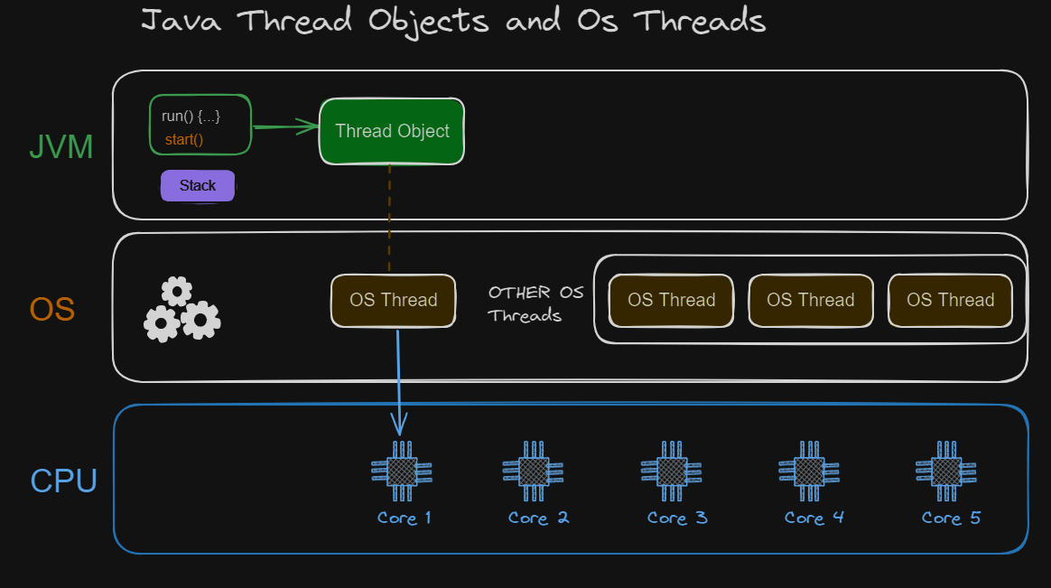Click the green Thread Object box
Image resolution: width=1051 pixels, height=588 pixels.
click(392, 131)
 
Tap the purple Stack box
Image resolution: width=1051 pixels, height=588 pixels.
click(198, 186)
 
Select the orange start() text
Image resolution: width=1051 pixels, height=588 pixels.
click(184, 140)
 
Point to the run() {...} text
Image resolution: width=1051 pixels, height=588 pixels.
click(191, 116)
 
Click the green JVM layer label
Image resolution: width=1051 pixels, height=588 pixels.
click(61, 147)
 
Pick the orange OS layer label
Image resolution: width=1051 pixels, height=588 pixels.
click(51, 310)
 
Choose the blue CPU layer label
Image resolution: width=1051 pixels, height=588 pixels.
click(63, 481)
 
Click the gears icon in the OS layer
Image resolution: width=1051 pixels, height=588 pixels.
click(181, 309)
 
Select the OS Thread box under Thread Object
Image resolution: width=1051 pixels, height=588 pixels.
click(393, 300)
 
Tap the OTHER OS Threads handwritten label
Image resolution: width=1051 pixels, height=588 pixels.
click(535, 303)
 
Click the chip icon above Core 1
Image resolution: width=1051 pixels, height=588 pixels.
click(402, 471)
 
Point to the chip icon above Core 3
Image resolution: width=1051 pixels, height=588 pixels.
click(671, 471)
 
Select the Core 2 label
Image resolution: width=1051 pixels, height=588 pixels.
click(538, 518)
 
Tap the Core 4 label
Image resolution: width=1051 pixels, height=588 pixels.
click(814, 518)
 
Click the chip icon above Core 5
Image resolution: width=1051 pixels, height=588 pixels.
click(946, 471)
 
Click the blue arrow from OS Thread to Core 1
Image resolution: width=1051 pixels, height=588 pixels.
click(398, 379)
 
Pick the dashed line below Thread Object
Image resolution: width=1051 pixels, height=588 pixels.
click(389, 217)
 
